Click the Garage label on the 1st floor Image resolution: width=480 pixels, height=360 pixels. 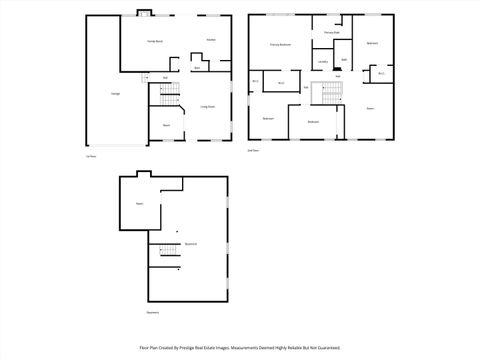tap(101, 94)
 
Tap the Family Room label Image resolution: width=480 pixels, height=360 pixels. tap(157, 40)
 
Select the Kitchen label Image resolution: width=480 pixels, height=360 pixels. tap(211, 40)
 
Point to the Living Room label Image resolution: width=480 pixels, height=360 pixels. tap(208, 106)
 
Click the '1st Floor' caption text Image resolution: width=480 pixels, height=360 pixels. tap(90, 156)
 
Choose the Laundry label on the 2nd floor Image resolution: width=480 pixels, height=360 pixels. tap(322, 62)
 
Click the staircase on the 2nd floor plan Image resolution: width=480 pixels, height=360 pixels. tap(327, 95)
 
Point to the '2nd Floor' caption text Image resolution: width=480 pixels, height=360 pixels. tap(253, 150)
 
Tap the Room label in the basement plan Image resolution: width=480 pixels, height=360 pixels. tap(140, 203)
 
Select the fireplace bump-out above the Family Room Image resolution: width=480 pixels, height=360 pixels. tap(142, 13)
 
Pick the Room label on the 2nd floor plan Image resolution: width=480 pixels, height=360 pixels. tap(370, 107)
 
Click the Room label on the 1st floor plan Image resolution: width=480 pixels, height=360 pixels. tap(166, 125)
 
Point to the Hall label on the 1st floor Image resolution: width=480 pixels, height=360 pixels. tap(165, 77)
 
